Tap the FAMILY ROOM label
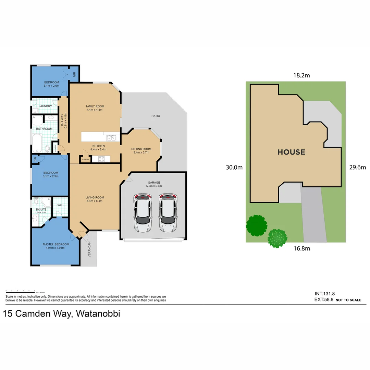95,106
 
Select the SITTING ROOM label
141,149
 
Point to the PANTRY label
85,159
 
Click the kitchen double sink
111,138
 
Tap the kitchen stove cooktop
102,159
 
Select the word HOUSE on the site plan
291,152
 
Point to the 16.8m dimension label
301,248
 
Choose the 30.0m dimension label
234,168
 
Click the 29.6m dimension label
358,168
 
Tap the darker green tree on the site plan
256,225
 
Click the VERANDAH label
89,249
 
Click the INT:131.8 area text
324,294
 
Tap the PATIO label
156,116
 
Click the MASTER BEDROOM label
56,244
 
